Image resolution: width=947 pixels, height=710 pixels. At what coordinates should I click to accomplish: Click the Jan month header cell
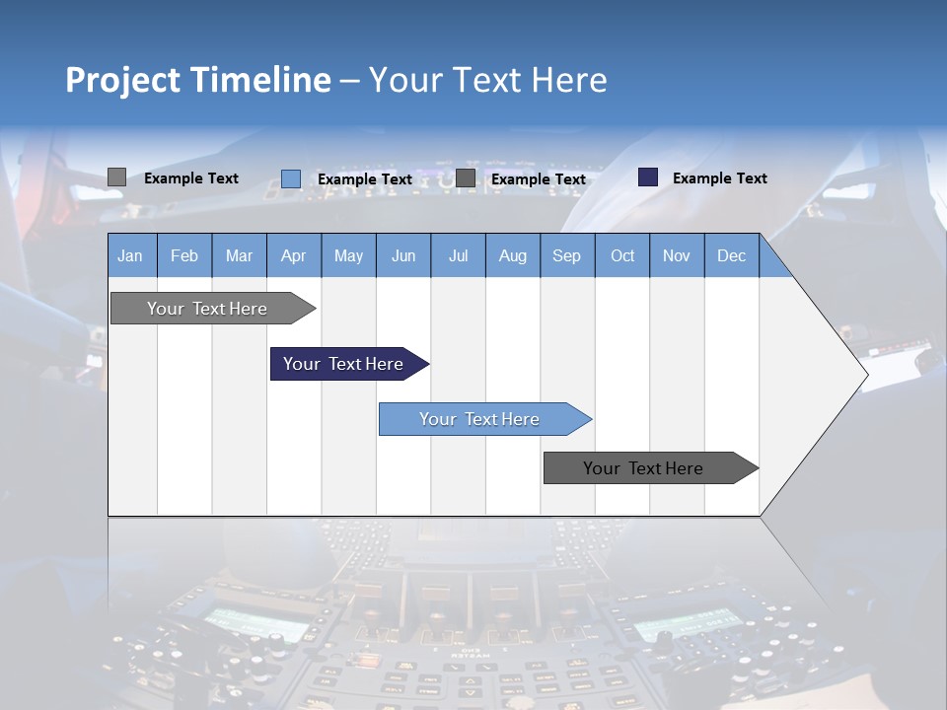pyautogui.click(x=131, y=255)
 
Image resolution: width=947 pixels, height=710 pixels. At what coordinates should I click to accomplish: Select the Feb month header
pyautogui.click(x=184, y=255)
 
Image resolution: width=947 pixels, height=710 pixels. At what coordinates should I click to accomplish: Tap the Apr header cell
pyautogui.click(x=294, y=255)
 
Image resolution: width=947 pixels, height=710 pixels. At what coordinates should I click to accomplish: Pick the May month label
pyautogui.click(x=348, y=255)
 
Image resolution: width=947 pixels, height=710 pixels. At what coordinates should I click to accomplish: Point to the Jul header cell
pyautogui.click(x=458, y=255)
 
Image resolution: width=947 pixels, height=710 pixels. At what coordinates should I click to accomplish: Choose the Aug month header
pyautogui.click(x=513, y=255)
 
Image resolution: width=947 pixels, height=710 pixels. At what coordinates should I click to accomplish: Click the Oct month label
pyautogui.click(x=622, y=255)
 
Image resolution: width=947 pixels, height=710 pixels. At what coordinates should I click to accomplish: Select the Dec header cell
pyautogui.click(x=731, y=255)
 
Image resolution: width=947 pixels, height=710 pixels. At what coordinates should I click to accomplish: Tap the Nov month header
pyautogui.click(x=677, y=255)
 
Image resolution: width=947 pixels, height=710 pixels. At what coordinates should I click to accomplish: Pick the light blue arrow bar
pyautogui.click(x=480, y=419)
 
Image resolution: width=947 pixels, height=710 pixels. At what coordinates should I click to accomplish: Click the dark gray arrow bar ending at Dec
pyautogui.click(x=644, y=468)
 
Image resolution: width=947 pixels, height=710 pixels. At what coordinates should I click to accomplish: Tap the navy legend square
pyautogui.click(x=648, y=177)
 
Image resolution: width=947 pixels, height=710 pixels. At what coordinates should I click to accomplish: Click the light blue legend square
pyautogui.click(x=291, y=178)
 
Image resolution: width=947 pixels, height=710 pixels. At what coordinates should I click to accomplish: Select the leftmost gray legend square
pyautogui.click(x=116, y=177)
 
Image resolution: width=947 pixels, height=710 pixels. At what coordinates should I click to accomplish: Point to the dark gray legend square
pyautogui.click(x=466, y=178)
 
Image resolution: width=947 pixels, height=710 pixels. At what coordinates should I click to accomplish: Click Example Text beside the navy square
pyautogui.click(x=719, y=178)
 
